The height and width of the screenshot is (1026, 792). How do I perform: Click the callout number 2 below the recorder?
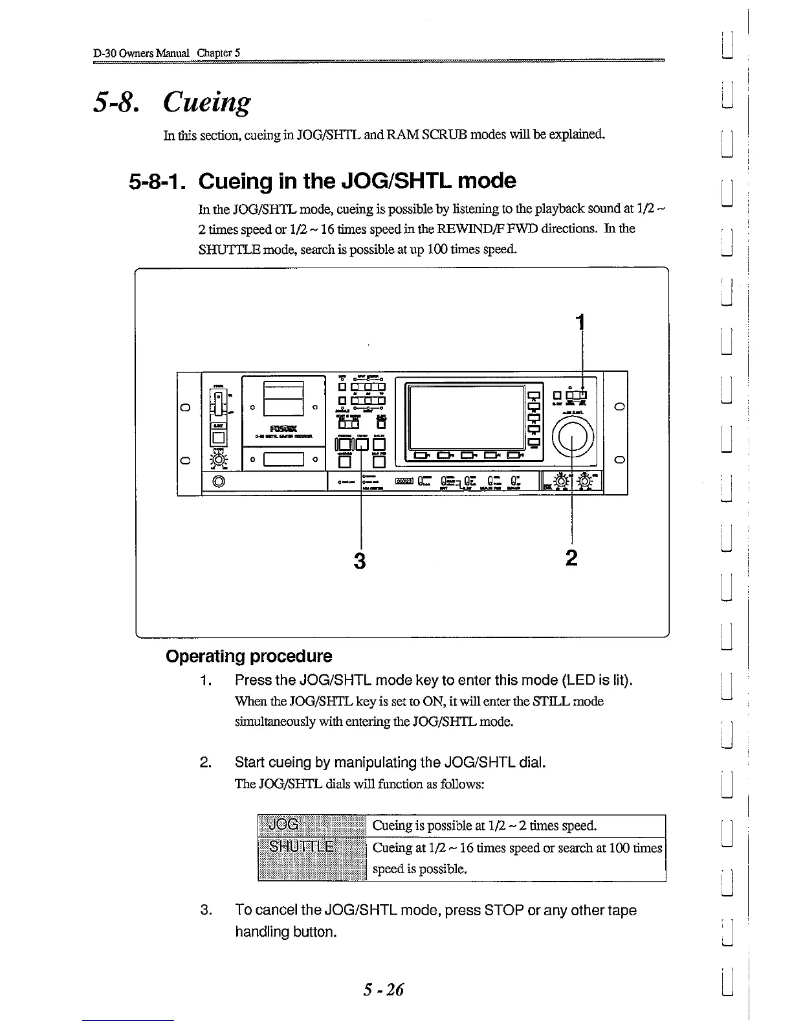(x=571, y=558)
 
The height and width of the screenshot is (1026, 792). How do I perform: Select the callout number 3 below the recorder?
(x=360, y=560)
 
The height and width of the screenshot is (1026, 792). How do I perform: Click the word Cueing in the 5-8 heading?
(x=206, y=102)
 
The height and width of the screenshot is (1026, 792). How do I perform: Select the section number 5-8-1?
(x=159, y=181)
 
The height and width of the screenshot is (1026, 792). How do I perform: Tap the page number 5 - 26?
(x=383, y=989)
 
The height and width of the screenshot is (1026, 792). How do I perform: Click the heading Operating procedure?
(x=249, y=656)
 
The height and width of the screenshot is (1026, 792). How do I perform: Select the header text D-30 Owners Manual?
(x=142, y=52)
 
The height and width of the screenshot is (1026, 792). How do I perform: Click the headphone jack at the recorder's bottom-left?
(x=218, y=481)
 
